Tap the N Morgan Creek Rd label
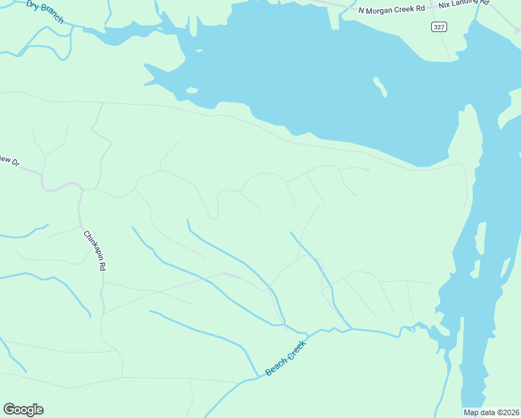pos(391,10)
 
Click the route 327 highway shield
pos(438,26)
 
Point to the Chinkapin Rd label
pos(95,251)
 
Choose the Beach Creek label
pos(286,358)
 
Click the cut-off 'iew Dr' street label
pos(9,161)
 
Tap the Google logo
pos(23,410)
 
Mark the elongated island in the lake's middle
pos(380,86)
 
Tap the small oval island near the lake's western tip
pos(192,90)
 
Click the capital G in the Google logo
pos(9,410)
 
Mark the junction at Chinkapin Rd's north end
pos(81,189)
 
